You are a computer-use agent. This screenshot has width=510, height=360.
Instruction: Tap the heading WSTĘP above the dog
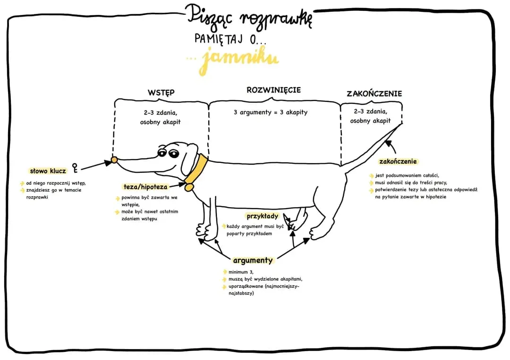pyautogui.click(x=161, y=92)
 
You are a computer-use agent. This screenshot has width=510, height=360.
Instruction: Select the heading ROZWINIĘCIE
pyautogui.click(x=273, y=90)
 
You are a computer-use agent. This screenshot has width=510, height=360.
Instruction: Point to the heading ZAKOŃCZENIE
pyautogui.click(x=374, y=93)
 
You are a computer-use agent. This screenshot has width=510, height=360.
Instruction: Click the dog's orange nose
pyautogui.click(x=114, y=160)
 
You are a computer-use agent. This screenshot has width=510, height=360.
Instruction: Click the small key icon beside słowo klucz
pyautogui.click(x=75, y=167)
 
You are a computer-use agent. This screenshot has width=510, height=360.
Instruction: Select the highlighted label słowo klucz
pyautogui.click(x=48, y=171)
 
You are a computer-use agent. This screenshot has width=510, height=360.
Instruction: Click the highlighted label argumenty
pyautogui.click(x=253, y=260)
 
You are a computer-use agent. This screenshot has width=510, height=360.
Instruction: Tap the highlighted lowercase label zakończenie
pyautogui.click(x=398, y=161)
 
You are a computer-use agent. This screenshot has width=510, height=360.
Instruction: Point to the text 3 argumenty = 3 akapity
pyautogui.click(x=271, y=112)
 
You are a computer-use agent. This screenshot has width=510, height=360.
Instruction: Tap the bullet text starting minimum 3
pyautogui.click(x=240, y=272)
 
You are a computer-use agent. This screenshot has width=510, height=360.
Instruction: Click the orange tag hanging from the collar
pyautogui.click(x=189, y=187)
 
